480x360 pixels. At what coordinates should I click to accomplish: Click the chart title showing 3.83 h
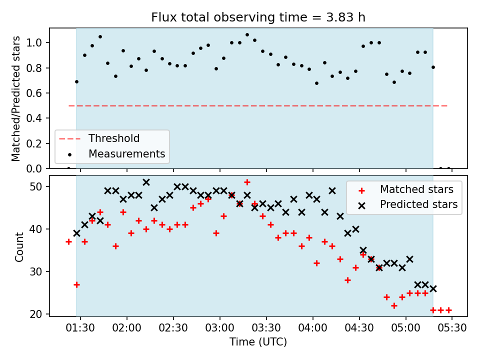coord(258,17)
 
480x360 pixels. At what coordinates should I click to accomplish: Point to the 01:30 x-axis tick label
coord(80,328)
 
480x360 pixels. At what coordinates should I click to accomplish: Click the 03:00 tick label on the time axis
coord(220,328)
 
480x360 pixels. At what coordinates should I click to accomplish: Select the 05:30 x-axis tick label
coord(452,328)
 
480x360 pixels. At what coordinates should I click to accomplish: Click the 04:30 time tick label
coord(359,328)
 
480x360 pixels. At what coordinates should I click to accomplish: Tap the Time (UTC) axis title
coord(258,341)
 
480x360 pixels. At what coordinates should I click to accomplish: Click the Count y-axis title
coord(19,247)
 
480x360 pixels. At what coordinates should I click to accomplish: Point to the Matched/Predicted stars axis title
coord(16,98)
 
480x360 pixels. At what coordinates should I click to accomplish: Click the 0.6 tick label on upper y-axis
coord(34,93)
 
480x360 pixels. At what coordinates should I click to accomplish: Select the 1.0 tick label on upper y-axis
coord(34,42)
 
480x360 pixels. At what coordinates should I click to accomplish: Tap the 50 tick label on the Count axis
coord(36,186)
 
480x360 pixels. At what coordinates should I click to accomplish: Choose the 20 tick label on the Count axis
coord(36,314)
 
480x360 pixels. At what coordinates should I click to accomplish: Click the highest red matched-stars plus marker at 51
coord(247,182)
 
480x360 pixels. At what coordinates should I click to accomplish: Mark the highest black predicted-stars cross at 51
coord(146,182)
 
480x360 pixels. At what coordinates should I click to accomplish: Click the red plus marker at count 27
coord(76,284)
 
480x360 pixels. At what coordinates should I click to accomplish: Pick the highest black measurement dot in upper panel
coord(247,35)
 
